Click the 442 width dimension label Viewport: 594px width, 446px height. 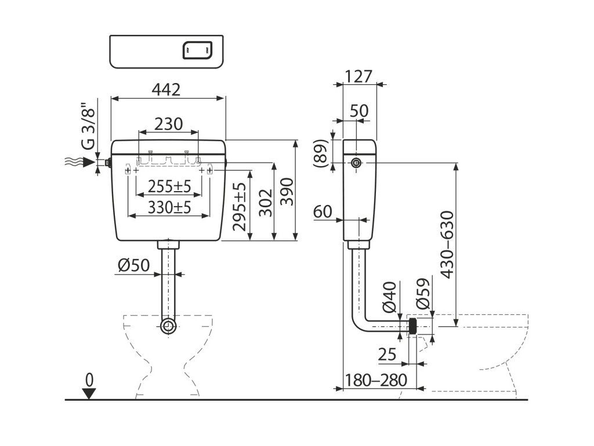(x=166, y=89)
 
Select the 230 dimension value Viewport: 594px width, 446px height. (x=169, y=124)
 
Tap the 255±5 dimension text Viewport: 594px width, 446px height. (x=169, y=186)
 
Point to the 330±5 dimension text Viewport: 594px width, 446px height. (x=169, y=207)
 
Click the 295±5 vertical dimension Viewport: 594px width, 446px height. (x=240, y=206)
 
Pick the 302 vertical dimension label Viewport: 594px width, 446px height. (x=266, y=203)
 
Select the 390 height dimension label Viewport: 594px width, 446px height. (x=287, y=192)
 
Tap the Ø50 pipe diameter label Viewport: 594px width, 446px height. (x=134, y=265)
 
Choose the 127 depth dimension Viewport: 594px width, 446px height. (x=358, y=76)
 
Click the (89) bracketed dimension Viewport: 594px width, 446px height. (x=320, y=153)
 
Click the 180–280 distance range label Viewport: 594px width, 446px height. (x=376, y=380)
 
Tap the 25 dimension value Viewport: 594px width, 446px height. (x=387, y=355)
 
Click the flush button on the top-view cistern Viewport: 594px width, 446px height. (x=197, y=50)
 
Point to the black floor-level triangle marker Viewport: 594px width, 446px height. (x=89, y=394)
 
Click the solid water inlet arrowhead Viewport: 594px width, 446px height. (x=88, y=163)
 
